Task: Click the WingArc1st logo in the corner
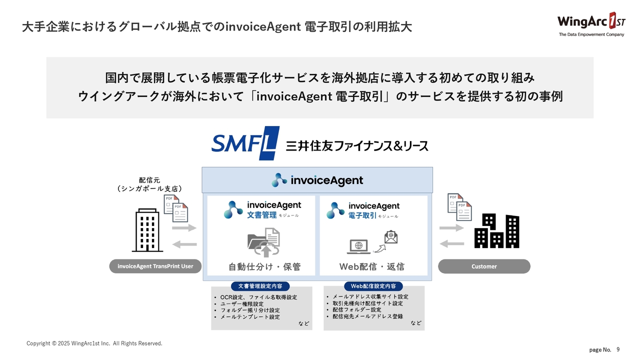[590, 24]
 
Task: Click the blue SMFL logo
[245, 143]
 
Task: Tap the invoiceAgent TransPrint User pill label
[155, 266]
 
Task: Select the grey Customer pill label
[484, 266]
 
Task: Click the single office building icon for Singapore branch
[147, 230]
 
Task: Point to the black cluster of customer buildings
[496, 231]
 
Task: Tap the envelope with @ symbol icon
[390, 236]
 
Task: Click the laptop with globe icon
[358, 246]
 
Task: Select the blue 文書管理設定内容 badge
[260, 286]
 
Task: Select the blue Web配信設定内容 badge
[373, 286]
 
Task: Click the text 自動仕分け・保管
[264, 267]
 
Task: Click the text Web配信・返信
[372, 267]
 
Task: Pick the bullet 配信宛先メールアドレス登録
[367, 316]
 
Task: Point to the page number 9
[618, 349]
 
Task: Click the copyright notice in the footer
[94, 343]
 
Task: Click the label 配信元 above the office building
[149, 180]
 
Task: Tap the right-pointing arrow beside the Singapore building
[184, 228]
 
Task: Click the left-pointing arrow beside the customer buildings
[452, 243]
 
